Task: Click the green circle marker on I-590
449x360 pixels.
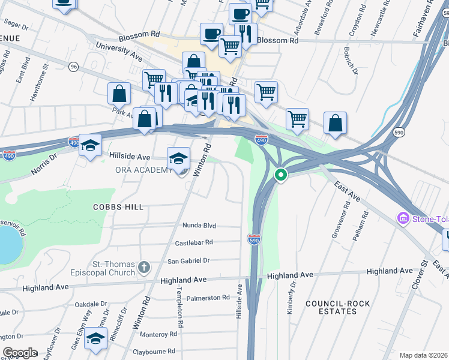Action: (x=280, y=175)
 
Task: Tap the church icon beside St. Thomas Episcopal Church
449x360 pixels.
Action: (x=143, y=266)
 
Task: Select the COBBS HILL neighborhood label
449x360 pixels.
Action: (x=118, y=206)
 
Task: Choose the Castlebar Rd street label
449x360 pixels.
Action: (x=194, y=242)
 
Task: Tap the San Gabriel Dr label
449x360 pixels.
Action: (x=188, y=260)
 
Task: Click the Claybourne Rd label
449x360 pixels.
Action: (x=154, y=351)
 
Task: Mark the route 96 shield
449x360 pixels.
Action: (x=73, y=66)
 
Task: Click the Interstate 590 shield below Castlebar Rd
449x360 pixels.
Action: (x=253, y=239)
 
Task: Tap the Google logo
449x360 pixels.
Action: (x=20, y=353)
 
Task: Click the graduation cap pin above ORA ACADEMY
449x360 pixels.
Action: (x=178, y=158)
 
